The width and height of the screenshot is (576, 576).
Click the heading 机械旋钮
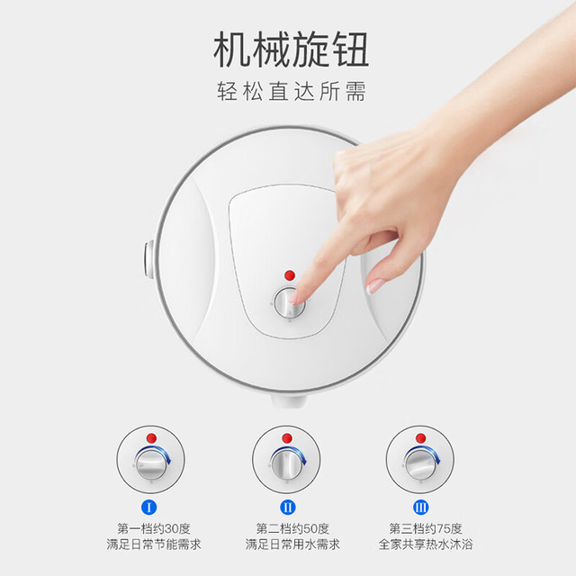291,49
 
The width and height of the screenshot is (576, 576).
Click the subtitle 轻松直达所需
292,92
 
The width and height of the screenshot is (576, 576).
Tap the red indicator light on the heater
290,275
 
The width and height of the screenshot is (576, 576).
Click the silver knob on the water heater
290,303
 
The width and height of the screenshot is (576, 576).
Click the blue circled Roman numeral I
149,508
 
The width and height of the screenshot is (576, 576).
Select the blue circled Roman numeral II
288,508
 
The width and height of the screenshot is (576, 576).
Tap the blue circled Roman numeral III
420,508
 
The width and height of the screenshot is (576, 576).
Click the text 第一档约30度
154,528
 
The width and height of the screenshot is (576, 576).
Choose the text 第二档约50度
292,528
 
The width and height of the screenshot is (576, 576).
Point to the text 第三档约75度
426,528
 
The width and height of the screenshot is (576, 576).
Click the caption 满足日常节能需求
154,544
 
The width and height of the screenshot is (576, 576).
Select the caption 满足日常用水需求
292,544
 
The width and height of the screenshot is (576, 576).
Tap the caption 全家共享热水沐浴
426,544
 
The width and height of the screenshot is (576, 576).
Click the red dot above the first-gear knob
151,438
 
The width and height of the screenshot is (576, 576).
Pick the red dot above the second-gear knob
287,438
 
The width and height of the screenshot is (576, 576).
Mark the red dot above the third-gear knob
420,438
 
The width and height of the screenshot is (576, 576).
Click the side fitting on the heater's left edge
148,258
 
